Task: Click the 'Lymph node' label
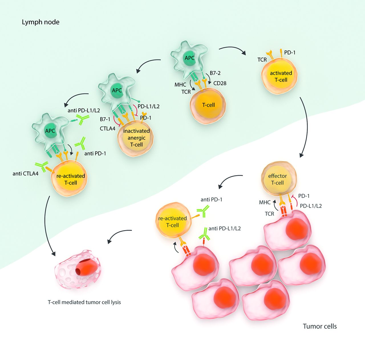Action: pos(40,22)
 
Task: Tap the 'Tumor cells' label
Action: pos(320,326)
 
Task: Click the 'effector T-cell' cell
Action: pos(278,179)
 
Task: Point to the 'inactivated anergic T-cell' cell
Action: pos(136,138)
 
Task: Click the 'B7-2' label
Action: pos(215,73)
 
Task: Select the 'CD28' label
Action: pos(220,83)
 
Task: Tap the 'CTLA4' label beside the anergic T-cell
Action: pos(108,129)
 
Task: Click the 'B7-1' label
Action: pos(105,119)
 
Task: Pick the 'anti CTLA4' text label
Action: pos(25,173)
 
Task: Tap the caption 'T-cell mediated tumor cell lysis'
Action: pos(84,302)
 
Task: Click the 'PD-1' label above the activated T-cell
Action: pos(290,53)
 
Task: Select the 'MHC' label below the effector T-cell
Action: pos(265,202)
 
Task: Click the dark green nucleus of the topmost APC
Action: pos(189,58)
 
